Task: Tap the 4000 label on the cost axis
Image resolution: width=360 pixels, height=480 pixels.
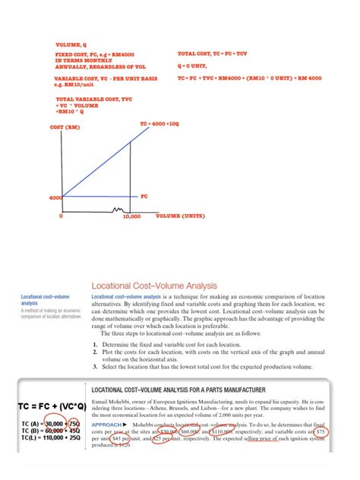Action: [55, 197]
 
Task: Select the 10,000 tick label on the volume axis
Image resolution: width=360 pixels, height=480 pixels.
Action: [131, 216]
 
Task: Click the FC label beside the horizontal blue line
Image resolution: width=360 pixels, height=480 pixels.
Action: [144, 195]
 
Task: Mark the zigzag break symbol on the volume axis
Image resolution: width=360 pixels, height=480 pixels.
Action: [118, 208]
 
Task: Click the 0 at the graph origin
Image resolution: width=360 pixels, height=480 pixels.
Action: [61, 216]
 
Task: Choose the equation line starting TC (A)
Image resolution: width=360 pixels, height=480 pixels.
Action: [42, 423]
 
